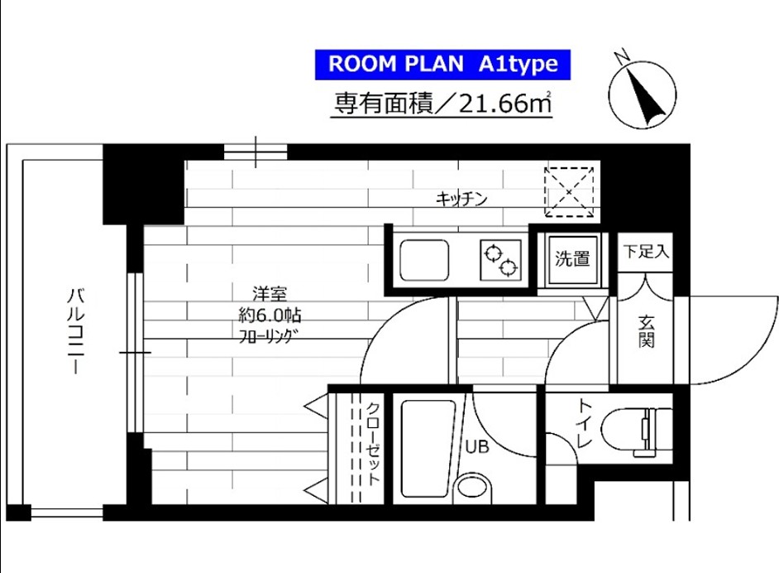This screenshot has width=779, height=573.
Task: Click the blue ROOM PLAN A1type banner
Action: pos(442,64)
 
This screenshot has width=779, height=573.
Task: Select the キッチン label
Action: pos(461,199)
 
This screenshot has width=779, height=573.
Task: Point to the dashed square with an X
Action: pos(570,191)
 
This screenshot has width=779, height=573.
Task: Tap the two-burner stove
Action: pos(501,260)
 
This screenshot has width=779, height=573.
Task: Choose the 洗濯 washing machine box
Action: pos(571,259)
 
